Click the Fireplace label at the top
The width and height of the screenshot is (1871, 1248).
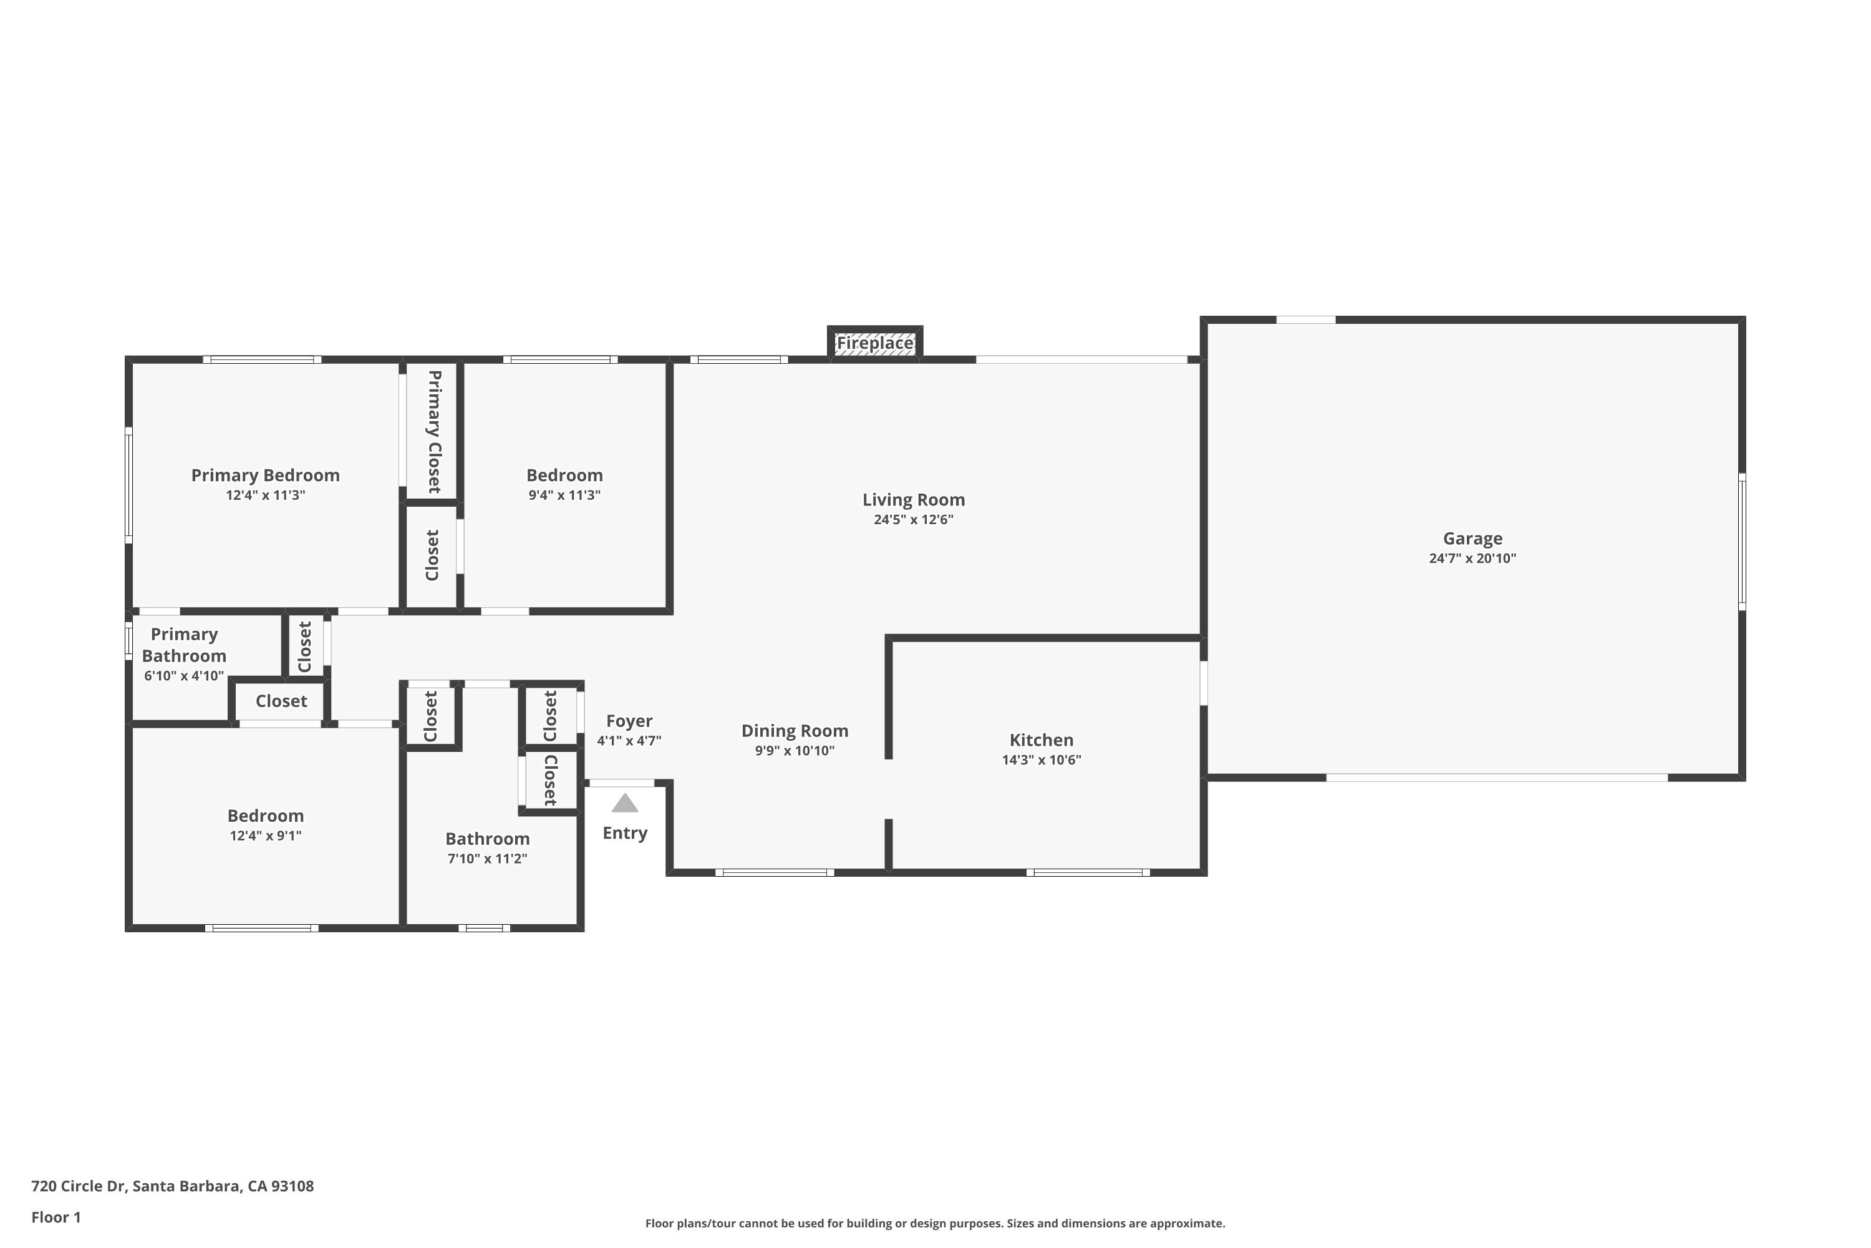coord(874,343)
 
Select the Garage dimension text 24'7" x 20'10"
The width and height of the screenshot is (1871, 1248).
coord(1472,558)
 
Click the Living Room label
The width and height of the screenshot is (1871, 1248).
coord(913,500)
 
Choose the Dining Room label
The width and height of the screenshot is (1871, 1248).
coord(794,731)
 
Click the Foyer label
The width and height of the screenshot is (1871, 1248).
coord(629,721)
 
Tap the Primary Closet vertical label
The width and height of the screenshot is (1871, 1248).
coord(433,431)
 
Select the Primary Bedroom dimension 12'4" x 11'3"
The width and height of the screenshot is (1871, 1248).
coord(265,495)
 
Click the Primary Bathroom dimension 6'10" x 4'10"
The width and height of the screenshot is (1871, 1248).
coord(184,676)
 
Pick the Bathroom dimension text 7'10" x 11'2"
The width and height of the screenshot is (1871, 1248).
coord(487,858)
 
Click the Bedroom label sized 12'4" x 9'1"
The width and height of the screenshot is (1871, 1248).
coord(265,816)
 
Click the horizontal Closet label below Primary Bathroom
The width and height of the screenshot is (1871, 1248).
coord(281,701)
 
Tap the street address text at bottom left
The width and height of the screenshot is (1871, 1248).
coord(173,1186)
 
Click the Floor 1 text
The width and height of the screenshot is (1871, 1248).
coord(56,1217)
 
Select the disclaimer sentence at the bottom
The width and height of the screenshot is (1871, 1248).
coord(935,1223)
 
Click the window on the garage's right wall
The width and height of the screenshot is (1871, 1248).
coord(1741,542)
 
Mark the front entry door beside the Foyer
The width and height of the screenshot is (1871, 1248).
coord(621,783)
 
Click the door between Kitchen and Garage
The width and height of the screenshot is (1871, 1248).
coord(1204,683)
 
